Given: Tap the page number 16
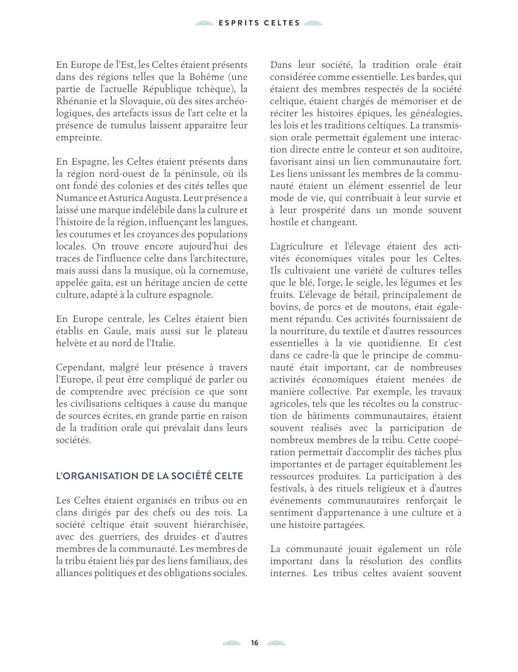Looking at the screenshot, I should point(255,643).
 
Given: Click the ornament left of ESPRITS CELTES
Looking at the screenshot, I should point(204,23).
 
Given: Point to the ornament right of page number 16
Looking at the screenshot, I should point(276,643).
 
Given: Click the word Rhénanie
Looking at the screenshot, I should point(74,101).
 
